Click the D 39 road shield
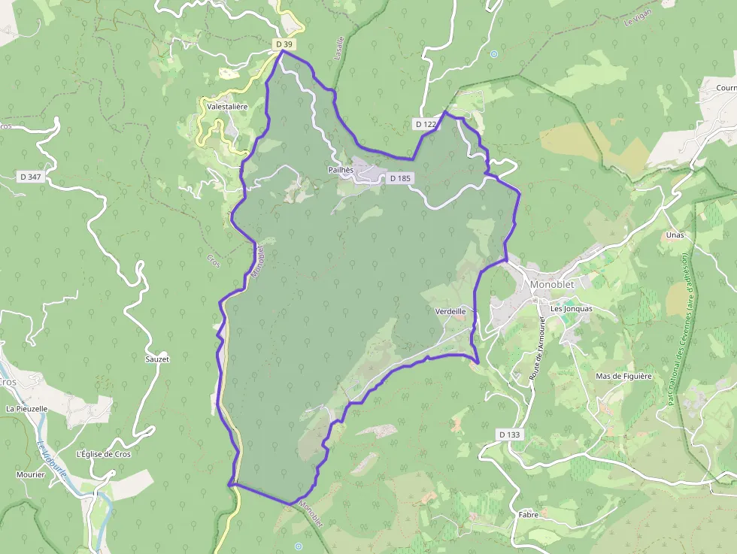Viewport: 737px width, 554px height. pos(284,44)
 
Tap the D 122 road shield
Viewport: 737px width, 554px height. pos(425,123)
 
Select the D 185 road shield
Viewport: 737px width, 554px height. pos(399,179)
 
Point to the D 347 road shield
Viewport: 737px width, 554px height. pos(31,177)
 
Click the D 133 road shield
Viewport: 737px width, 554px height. pos(509,434)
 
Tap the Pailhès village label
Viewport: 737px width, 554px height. pos(341,170)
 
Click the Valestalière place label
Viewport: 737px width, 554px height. pos(227,107)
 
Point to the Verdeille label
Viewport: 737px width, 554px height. pos(450,310)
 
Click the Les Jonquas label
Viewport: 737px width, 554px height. pos(572,308)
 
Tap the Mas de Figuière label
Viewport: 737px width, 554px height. pos(623,376)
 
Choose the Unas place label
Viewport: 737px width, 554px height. pos(675,235)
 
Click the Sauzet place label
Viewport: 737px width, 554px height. pos(157,359)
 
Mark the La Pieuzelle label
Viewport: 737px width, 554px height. pos(26,409)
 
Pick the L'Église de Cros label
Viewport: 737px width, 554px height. pos(104,454)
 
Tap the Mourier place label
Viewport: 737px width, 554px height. pos(31,474)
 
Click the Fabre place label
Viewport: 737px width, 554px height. pos(528,515)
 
